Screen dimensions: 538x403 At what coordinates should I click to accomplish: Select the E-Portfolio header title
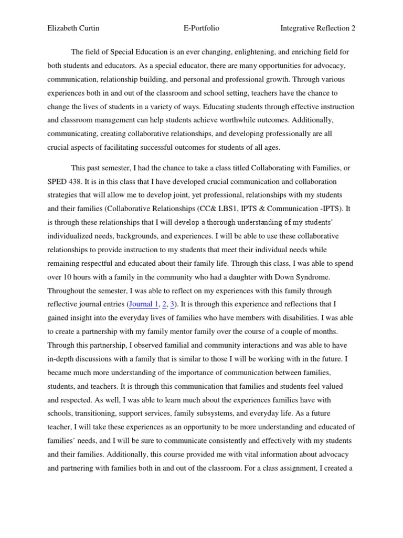pos(201,28)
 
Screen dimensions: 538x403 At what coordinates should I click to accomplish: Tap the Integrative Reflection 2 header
pos(318,28)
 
